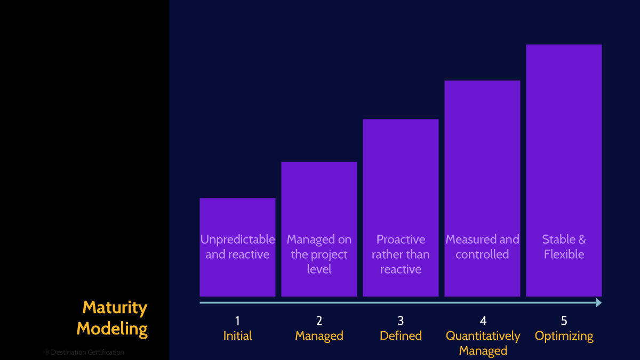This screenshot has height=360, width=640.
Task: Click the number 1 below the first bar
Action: tap(237, 321)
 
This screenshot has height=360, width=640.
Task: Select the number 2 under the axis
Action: tap(319, 321)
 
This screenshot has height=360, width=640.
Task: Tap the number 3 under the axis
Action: tap(401, 321)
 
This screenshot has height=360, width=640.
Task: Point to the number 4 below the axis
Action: tap(483, 321)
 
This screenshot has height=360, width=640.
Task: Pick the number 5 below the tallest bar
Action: tap(564, 321)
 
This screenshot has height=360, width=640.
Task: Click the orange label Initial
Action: tap(237, 336)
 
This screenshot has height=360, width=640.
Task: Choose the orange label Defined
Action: tap(401, 336)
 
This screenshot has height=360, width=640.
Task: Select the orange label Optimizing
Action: tap(564, 336)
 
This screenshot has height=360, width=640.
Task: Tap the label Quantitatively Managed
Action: tap(483, 343)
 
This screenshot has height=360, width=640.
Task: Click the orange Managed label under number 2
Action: tap(319, 336)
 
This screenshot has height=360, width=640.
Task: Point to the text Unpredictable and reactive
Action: tap(237, 247)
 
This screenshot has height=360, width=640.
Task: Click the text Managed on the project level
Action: tap(319, 254)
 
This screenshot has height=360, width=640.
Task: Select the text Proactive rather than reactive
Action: tap(401, 254)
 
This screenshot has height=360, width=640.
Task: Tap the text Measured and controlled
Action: tap(482, 247)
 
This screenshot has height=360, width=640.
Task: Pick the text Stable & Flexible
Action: tap(564, 247)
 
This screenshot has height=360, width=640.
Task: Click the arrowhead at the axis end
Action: tap(598, 303)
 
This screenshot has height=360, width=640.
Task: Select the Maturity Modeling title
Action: tap(113, 318)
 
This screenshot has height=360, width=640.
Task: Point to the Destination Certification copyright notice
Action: tap(84, 353)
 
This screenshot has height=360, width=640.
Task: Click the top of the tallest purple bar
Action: tap(564, 45)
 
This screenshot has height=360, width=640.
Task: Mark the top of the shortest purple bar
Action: tap(237, 199)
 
